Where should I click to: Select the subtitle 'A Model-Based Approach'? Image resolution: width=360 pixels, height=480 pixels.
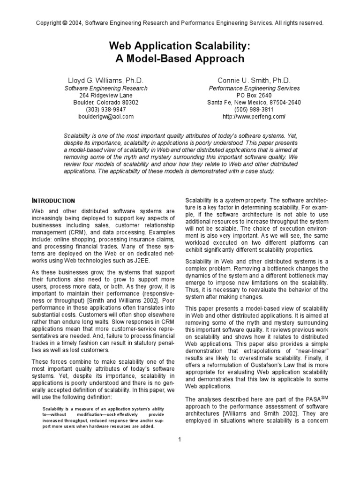180,59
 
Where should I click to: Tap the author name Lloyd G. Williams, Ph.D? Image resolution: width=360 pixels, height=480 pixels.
106,80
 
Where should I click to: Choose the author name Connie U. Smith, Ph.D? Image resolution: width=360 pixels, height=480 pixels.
254,80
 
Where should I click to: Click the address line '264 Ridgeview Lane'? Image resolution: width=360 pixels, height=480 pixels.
106,95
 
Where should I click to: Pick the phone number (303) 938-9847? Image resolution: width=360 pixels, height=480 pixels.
106,109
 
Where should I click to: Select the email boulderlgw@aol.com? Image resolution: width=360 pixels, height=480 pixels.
106,116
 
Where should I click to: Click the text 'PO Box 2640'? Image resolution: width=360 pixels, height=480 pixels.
254,95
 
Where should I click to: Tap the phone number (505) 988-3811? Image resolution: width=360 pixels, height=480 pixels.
254,109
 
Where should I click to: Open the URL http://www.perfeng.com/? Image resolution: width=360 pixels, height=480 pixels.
254,116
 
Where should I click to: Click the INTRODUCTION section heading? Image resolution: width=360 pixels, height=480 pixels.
53,201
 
